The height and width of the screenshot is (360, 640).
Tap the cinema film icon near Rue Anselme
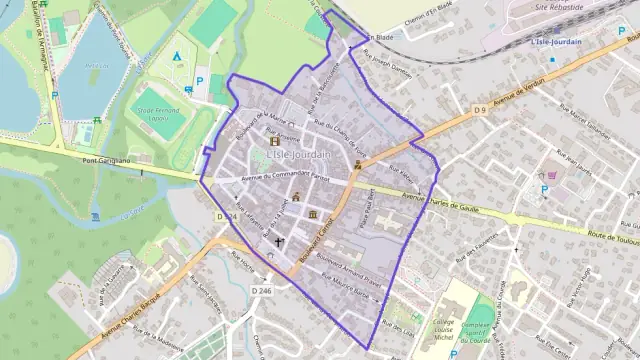[276, 140]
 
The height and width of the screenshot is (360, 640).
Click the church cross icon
[280, 242]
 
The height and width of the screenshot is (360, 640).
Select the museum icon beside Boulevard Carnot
[313, 214]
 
